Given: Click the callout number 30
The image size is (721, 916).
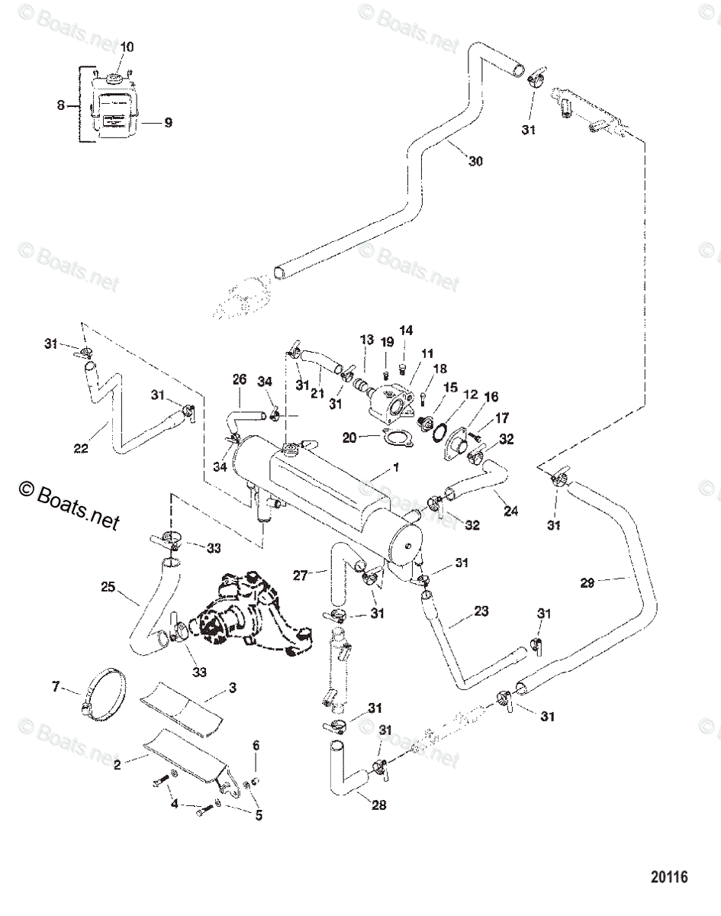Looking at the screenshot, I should pos(475,161).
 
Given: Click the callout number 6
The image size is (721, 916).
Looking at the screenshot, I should pos(256,745).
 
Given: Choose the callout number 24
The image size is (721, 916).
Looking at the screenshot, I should pos(510,511).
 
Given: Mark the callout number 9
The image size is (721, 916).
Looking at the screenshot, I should pos(168,121).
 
